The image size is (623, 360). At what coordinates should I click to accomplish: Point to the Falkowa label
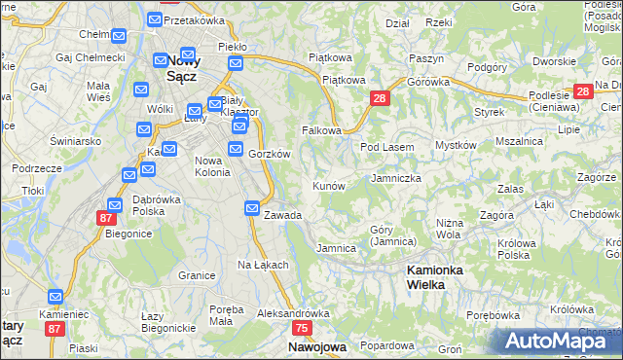pyautogui.click(x=321, y=130)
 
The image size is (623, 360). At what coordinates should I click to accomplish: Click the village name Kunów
pyautogui.click(x=328, y=185)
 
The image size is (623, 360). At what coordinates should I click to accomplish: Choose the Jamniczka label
pyautogui.click(x=396, y=179)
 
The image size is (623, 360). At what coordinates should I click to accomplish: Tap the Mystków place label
pyautogui.click(x=456, y=145)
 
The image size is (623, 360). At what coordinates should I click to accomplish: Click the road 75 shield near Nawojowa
pyautogui.click(x=302, y=329)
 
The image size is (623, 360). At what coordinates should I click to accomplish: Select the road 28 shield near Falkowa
pyautogui.click(x=380, y=98)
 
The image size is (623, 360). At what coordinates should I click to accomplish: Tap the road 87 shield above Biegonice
pyautogui.click(x=105, y=219)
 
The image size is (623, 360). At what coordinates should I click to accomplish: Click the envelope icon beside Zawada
pyautogui.click(x=252, y=208)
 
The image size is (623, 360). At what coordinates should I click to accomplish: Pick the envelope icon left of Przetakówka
pyautogui.click(x=155, y=19)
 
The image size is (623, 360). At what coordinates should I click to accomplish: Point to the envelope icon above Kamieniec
pyautogui.click(x=55, y=296)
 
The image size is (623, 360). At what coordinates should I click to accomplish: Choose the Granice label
pyautogui.click(x=197, y=275)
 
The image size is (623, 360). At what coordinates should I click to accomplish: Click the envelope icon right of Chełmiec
pyautogui.click(x=119, y=36)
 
